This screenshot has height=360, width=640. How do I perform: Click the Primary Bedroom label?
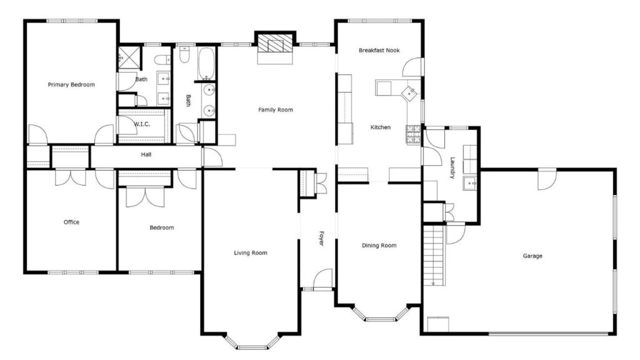click(x=71, y=85)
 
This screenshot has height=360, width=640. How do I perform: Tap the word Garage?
click(x=532, y=256)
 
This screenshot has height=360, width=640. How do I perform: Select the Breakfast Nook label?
click(x=379, y=50)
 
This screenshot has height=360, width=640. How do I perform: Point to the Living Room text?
click(x=251, y=253)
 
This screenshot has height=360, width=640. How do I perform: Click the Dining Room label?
click(x=379, y=245)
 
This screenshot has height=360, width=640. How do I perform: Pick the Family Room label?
click(x=276, y=109)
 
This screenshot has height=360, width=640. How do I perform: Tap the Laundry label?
click(x=452, y=167)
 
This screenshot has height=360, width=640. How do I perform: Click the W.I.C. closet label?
click(x=142, y=124)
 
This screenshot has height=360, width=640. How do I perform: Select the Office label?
click(x=71, y=222)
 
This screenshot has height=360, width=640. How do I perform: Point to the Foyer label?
click(x=321, y=238)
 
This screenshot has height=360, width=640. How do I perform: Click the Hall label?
click(x=146, y=154)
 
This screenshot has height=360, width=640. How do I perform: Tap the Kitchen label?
click(x=381, y=127)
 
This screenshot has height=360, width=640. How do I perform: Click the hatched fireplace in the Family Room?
click(x=276, y=43)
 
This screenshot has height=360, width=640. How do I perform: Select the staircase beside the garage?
click(x=434, y=256)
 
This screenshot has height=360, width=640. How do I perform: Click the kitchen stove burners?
click(x=413, y=134)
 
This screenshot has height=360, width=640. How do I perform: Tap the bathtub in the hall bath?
click(x=206, y=64)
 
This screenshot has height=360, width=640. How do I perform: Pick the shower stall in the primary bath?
click(x=129, y=58)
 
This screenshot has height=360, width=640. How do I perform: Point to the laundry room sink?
click(x=470, y=184)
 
